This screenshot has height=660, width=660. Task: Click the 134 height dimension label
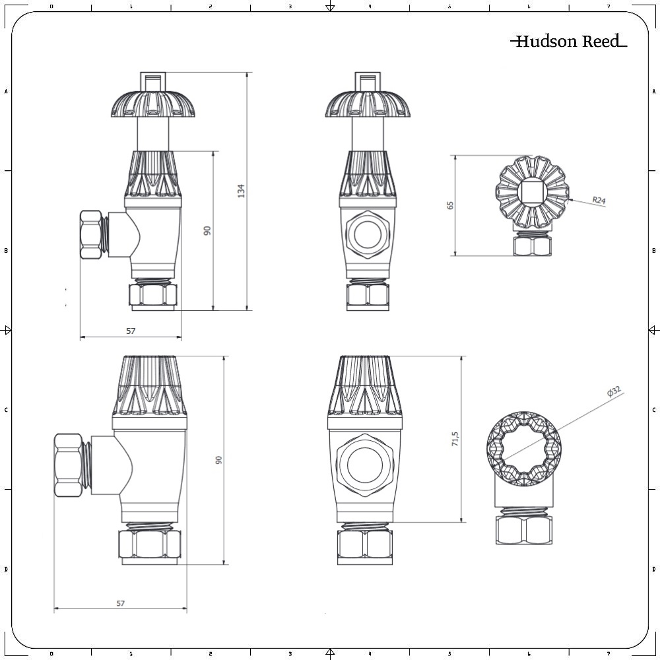[242, 191]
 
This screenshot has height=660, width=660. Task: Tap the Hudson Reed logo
[568, 42]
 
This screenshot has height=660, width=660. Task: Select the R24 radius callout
[598, 200]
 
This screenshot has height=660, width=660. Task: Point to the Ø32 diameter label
[614, 392]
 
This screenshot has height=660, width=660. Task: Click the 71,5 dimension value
[455, 440]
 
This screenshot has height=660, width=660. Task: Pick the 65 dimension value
[451, 205]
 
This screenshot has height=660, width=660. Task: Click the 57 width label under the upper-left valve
[131, 331]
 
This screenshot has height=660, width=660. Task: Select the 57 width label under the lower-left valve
[120, 603]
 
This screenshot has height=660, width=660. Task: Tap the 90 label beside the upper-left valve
[207, 230]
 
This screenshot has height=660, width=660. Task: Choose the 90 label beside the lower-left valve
[219, 460]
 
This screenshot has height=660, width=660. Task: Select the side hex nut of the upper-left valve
[91, 234]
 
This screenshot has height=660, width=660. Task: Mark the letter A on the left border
[7, 92]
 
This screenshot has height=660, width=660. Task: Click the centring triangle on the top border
[330, 7]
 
